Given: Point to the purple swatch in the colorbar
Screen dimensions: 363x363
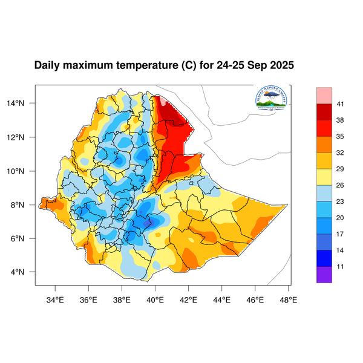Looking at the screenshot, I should coord(324,275).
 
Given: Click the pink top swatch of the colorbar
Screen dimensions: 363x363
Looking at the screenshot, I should coord(324,95).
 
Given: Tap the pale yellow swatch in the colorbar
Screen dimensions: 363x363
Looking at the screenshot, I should coord(324,177).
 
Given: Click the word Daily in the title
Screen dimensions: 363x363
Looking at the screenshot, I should coord(48,65).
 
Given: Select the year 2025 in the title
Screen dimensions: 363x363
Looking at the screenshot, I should coord(280,65).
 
